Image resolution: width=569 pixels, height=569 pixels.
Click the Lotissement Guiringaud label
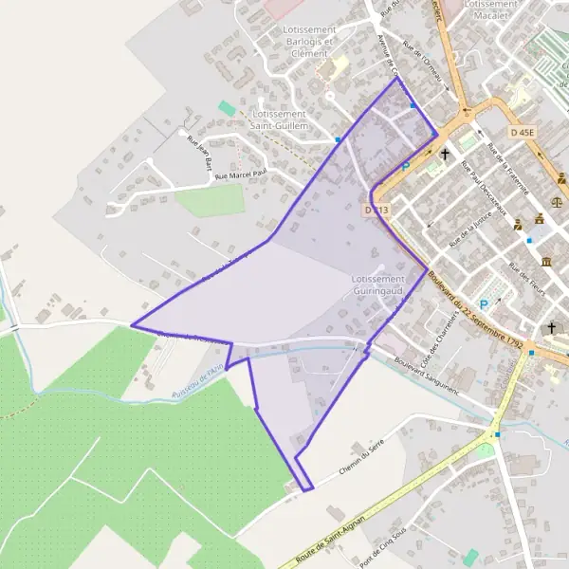[377, 284]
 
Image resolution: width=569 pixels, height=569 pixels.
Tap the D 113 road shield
[376, 210]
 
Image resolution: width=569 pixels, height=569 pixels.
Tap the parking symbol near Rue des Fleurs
[484, 304]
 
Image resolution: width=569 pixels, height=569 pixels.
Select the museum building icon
[546, 262]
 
